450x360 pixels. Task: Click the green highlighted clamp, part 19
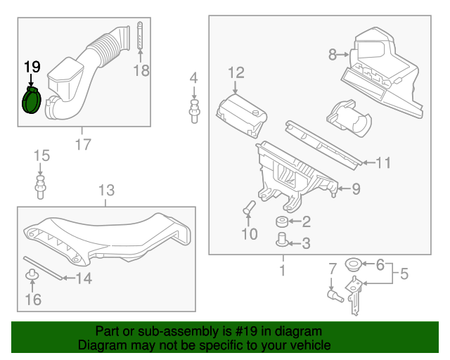(x=32, y=101)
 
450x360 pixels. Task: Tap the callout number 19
(x=32, y=67)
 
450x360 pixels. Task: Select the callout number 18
(x=141, y=70)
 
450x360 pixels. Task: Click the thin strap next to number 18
(x=141, y=37)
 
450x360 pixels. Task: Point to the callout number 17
(x=82, y=145)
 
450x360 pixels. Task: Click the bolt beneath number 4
(x=193, y=110)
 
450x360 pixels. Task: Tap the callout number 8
(x=333, y=53)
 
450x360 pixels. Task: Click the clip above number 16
(x=32, y=273)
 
